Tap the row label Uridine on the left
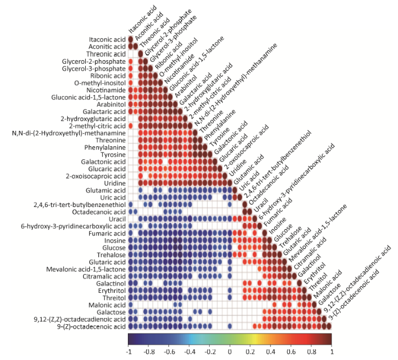coord(114,183)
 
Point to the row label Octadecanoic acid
coord(99,212)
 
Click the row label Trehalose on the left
coord(111,255)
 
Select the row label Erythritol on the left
coord(110,290)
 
